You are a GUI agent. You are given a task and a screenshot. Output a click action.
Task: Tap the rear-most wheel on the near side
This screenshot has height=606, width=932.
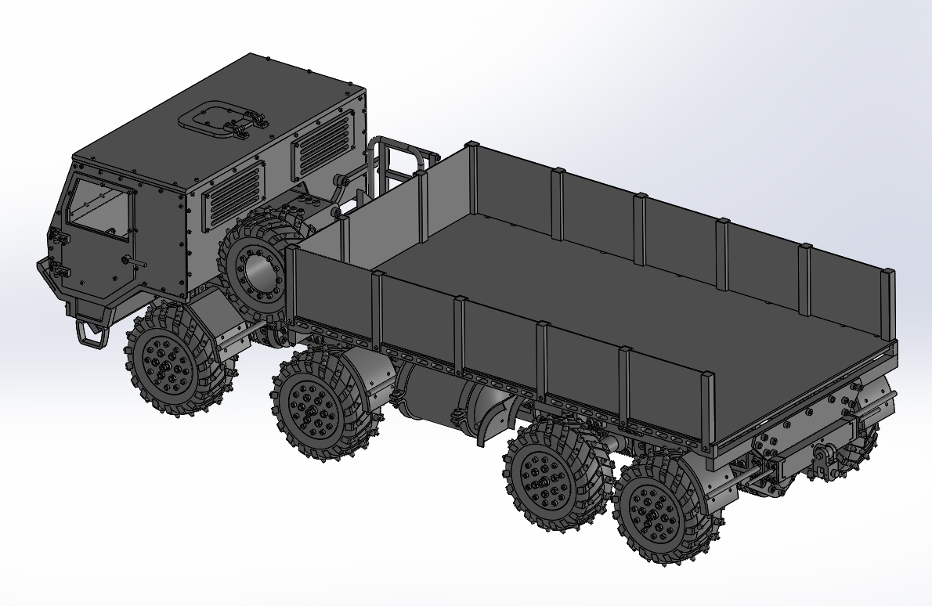658,509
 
